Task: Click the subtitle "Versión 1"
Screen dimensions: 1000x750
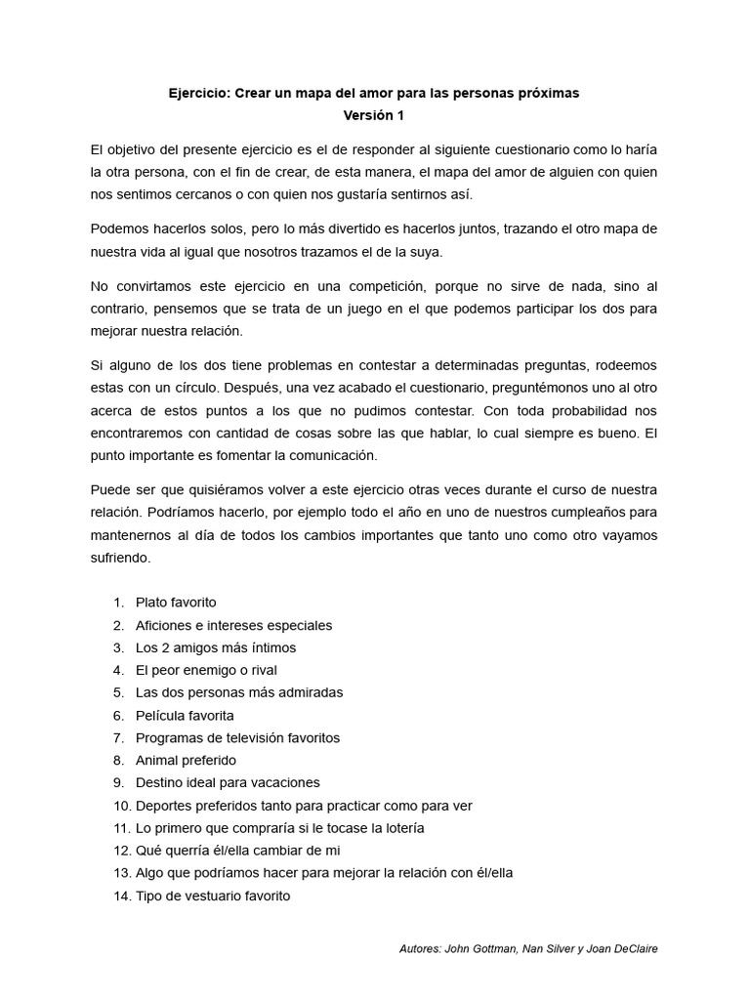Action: (x=373, y=115)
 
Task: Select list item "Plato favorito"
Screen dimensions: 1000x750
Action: (x=176, y=603)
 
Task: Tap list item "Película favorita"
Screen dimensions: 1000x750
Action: (x=185, y=716)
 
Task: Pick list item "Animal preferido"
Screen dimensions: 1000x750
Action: (x=186, y=761)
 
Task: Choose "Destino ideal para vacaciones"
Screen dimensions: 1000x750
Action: (x=228, y=783)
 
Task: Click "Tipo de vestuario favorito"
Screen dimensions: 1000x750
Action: (x=213, y=896)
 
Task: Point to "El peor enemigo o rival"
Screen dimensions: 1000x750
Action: (x=206, y=671)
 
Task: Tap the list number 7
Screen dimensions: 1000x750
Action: (x=118, y=738)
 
